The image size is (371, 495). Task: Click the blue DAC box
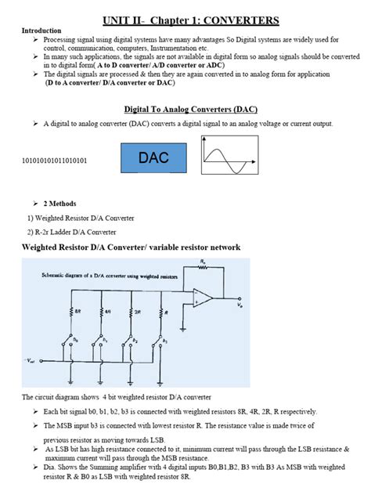click(153, 158)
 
